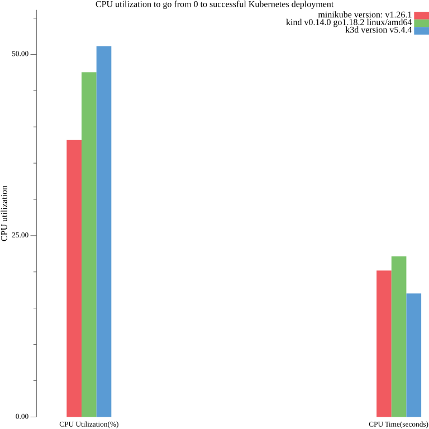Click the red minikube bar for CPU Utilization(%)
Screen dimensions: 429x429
tap(74, 278)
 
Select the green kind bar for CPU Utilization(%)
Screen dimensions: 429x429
tap(89, 244)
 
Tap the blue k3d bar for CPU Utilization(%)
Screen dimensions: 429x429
tap(104, 231)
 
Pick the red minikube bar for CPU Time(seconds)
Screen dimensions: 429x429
tap(384, 344)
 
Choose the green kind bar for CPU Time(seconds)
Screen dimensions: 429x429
tap(399, 336)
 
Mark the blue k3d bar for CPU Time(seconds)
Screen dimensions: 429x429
tap(414, 355)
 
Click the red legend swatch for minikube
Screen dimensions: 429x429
tap(421, 15)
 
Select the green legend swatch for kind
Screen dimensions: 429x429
tap(421, 23)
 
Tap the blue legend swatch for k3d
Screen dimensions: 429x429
tap(421, 31)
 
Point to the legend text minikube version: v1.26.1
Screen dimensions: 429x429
tap(365, 15)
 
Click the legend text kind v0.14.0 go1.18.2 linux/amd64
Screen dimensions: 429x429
tap(349, 22)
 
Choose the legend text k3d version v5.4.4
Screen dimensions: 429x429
tap(378, 30)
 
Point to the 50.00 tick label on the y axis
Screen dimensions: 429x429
tap(21, 54)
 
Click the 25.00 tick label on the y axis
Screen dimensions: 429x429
tap(21, 235)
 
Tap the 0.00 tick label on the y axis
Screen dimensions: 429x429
tap(22, 417)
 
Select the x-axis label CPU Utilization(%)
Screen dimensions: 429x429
tap(89, 425)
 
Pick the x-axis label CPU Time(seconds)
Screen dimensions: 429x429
tap(398, 425)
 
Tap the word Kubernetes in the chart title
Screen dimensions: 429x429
tap(268, 4)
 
